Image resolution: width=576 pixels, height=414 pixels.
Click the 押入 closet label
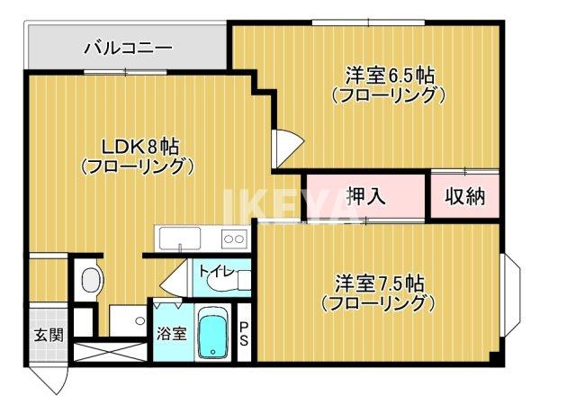click(365, 196)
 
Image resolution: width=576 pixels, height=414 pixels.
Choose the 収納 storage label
click(464, 196)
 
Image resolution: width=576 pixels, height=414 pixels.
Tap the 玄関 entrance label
click(49, 336)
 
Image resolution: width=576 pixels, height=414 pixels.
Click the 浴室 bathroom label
click(171, 334)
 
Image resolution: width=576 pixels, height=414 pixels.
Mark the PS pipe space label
click(244, 334)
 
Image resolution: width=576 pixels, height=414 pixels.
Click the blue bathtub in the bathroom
click(213, 334)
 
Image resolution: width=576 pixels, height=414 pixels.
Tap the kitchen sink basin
click(181, 239)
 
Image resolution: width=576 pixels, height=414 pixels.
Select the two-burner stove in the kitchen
click(233, 238)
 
